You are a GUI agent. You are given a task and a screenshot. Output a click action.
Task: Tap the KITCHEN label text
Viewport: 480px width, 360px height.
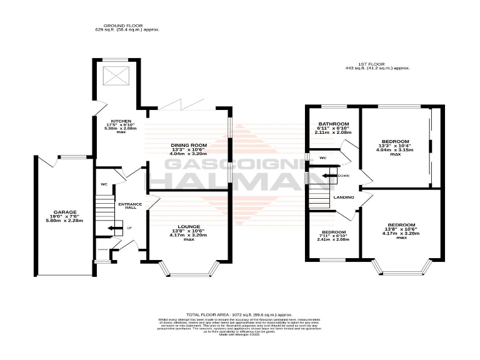coord(121,121)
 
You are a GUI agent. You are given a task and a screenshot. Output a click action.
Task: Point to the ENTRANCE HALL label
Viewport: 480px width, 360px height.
coord(130,206)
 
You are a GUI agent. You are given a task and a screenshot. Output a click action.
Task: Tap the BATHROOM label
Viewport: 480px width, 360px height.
coord(332,123)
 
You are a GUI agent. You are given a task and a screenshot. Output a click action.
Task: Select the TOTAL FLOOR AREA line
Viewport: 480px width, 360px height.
coord(239,314)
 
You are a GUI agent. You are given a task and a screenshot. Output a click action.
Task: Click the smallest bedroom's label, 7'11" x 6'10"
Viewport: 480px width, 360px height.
coord(332,232)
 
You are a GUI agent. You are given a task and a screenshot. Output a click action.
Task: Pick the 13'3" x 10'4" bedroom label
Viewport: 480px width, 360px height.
coord(396,141)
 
